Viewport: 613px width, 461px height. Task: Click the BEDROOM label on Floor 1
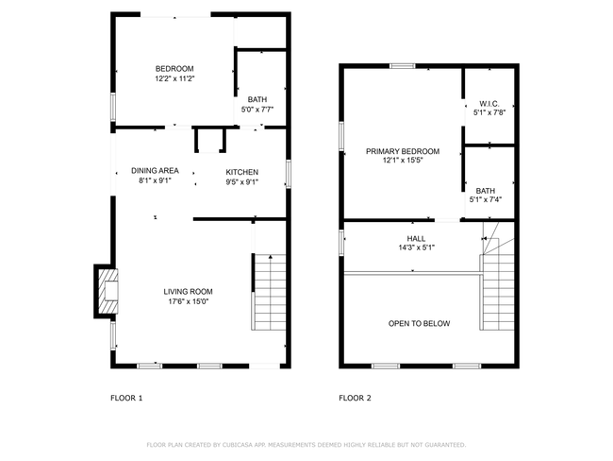[174, 69]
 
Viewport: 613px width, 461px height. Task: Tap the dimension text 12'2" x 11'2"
[174, 78]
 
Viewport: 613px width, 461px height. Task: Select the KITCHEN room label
[242, 172]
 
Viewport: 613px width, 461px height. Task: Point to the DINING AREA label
[155, 171]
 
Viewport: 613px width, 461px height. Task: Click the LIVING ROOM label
[188, 291]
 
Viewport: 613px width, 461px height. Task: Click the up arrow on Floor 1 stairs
[271, 257]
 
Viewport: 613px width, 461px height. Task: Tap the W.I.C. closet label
[489, 104]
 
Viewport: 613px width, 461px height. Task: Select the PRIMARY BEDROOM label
[403, 151]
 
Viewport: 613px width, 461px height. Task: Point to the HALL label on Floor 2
[416, 238]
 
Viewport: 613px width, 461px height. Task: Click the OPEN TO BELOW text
[419, 323]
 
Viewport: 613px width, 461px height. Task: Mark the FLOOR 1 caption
[126, 398]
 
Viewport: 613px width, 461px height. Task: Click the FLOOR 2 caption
[355, 398]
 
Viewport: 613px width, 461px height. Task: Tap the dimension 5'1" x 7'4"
[486, 199]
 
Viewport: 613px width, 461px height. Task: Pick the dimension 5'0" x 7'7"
[257, 110]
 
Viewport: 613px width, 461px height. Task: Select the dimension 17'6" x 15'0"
[188, 301]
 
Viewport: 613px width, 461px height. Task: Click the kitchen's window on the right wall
[289, 174]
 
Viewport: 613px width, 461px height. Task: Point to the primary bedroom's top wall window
[403, 66]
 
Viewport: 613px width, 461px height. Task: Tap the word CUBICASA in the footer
[238, 445]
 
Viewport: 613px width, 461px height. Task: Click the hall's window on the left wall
[341, 243]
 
